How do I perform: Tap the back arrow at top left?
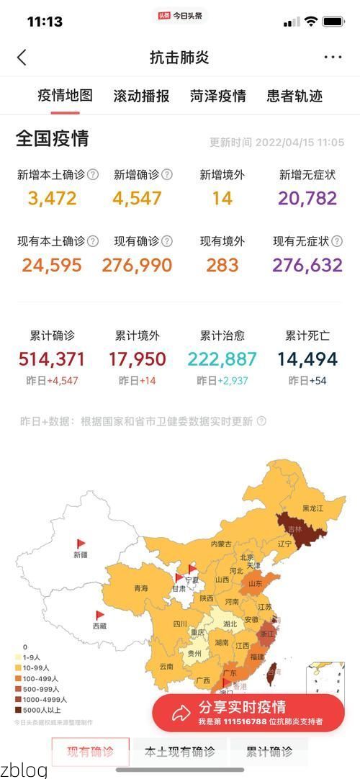coord(22,58)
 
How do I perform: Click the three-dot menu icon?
coord(333,58)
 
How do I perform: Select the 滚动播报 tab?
coord(141,96)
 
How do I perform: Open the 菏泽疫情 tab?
coord(218,96)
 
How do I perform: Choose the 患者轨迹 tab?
coord(294,96)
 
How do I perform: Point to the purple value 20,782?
coord(307,198)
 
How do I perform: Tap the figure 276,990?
coord(137,265)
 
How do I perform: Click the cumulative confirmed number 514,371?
coord(52,359)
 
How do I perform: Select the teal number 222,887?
coord(222,359)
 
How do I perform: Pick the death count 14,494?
coord(307,359)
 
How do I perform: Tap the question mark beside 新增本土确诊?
coord(92,174)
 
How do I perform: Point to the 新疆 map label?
coord(81,555)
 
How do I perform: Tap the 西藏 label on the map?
coord(100,626)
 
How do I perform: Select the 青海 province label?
coord(140,589)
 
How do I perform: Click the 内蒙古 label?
coord(221,544)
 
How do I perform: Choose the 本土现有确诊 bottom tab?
coord(180,752)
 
